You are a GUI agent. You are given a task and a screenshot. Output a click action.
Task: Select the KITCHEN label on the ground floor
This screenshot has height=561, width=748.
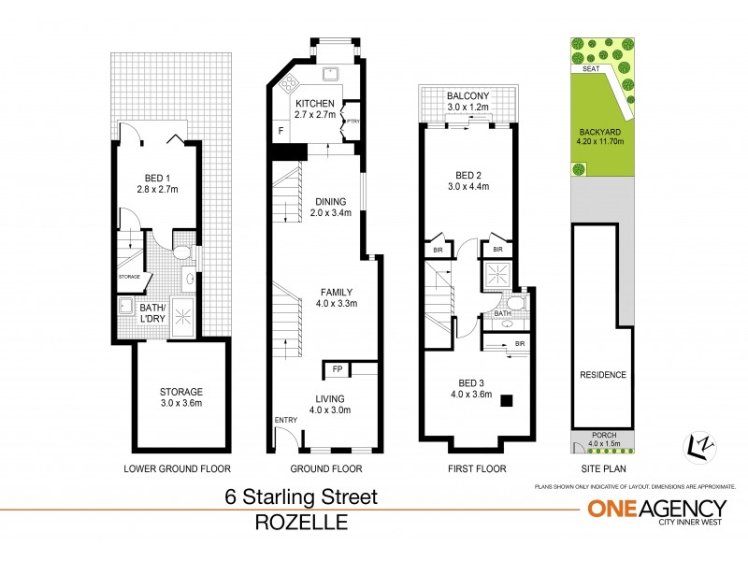click(x=317, y=104)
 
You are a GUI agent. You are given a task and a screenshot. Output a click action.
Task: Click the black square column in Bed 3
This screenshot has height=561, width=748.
click(x=506, y=401)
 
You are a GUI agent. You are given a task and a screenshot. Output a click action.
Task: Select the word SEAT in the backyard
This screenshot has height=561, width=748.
click(x=590, y=68)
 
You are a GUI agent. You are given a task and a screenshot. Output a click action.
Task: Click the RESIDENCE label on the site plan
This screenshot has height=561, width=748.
click(x=602, y=375)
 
